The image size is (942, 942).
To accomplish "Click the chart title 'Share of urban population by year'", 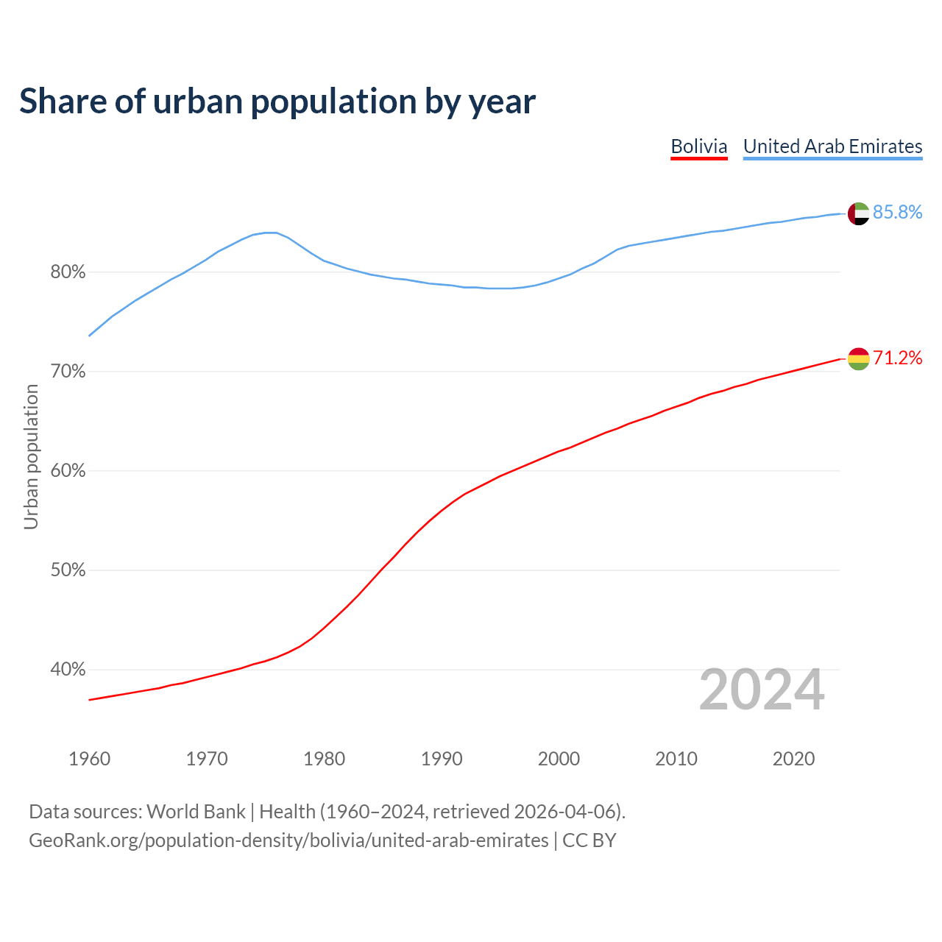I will tap(277, 102).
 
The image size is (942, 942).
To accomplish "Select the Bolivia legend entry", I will tap(698, 146).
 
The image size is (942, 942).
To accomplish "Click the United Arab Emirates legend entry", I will tap(832, 146).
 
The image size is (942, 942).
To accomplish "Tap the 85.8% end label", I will tap(897, 213).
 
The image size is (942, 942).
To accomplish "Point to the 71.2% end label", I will tap(897, 358).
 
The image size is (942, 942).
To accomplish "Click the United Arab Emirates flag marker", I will tap(859, 213).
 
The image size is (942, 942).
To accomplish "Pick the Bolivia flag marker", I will tap(859, 359).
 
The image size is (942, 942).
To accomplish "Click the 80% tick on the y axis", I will tap(68, 273).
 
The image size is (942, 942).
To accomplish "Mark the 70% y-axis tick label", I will tap(68, 372).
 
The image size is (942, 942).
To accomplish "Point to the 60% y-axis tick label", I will tap(68, 472).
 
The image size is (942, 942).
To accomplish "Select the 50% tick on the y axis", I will tap(68, 571).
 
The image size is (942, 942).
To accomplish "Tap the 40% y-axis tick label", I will tap(68, 670).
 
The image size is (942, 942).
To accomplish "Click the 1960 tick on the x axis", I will tap(89, 759).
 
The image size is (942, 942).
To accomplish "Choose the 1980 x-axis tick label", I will tap(324, 759).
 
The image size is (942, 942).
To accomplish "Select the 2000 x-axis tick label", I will tap(559, 759).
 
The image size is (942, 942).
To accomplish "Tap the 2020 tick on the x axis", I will tap(793, 759).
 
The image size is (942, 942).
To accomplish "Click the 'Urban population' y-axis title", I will tap(31, 457).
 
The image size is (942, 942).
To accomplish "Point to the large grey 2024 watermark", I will tap(762, 690).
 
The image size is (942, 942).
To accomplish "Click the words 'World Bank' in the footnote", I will tap(196, 812).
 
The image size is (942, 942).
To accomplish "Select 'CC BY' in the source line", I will tap(589, 840).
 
